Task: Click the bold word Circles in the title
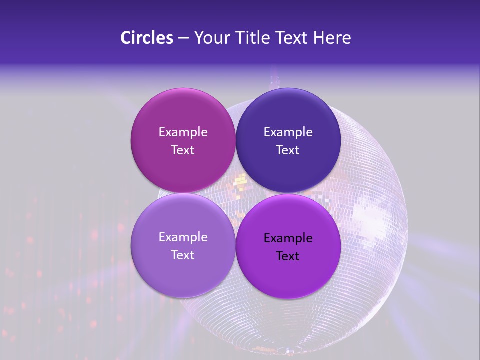click(x=146, y=38)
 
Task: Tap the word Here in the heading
click(x=332, y=38)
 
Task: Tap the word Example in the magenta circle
click(x=183, y=132)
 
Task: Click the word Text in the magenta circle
click(x=183, y=150)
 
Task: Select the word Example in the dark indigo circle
click(x=288, y=132)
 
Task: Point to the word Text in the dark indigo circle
click(x=288, y=150)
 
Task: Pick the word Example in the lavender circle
click(x=183, y=237)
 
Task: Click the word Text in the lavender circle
click(x=183, y=255)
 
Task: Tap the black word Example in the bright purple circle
click(x=288, y=238)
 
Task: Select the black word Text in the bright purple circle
click(x=288, y=256)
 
